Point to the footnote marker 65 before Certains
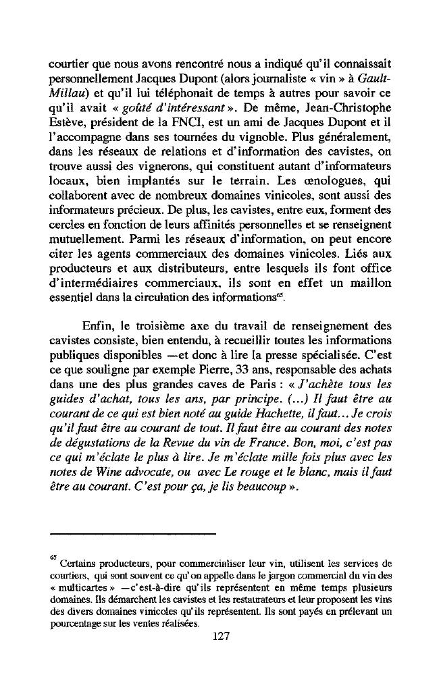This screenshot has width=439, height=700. [53, 557]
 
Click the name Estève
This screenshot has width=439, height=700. [66, 124]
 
